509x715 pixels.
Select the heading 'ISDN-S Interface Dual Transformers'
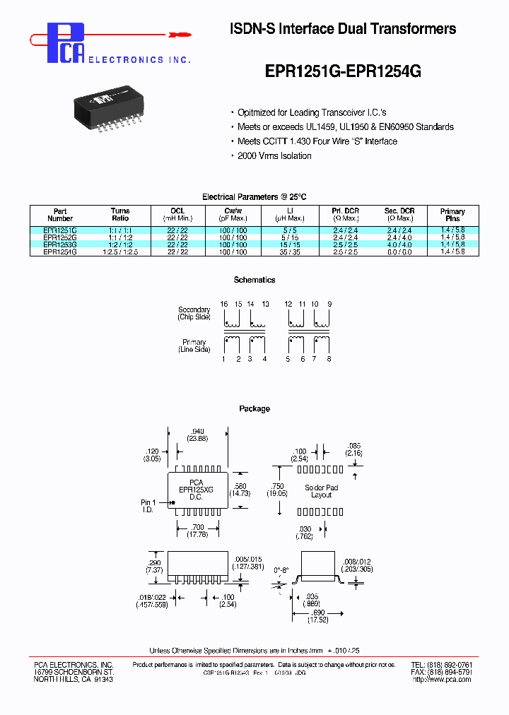pos(343,29)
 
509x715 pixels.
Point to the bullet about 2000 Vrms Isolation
pos(274,156)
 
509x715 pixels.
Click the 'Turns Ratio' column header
pos(120,215)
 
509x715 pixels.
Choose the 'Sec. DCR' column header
pos(399,215)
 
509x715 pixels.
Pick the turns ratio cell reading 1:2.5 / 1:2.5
pos(120,252)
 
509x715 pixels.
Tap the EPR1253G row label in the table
pos(60,244)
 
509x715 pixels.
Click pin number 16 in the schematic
pos(224,304)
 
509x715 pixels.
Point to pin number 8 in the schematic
pos(329,359)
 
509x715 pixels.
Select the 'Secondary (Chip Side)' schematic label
pos(194,314)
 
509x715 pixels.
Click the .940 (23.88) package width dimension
pos(198,434)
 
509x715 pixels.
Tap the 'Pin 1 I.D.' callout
pos(147,506)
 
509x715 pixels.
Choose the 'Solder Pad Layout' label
pos(321,492)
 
